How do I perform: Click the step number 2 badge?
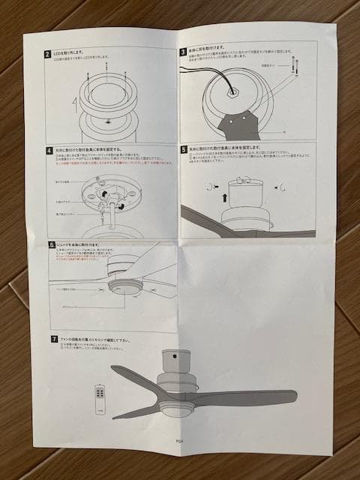(x=46, y=55)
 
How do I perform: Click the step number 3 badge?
(x=182, y=52)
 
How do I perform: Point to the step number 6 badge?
(x=50, y=244)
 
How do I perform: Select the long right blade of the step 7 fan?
(x=247, y=395)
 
